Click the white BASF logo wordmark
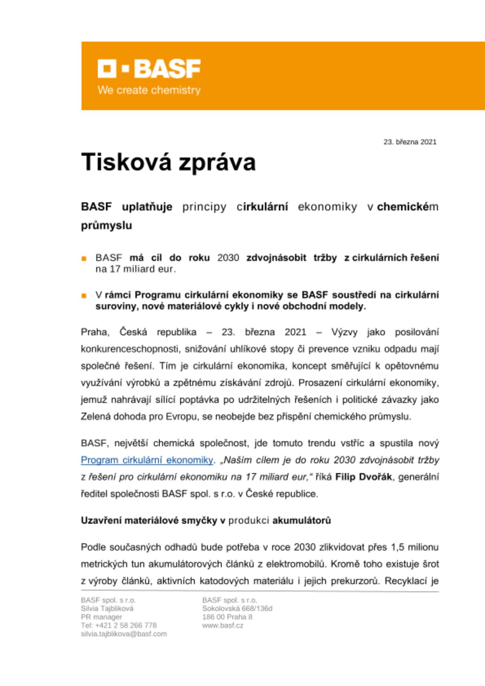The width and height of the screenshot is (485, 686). pos(149,69)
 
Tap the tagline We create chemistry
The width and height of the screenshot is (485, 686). pos(149,90)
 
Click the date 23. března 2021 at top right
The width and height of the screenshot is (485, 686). pos(410,142)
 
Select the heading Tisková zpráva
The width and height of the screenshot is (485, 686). pos(168,162)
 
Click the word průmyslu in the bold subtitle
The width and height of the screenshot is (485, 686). pos(106,226)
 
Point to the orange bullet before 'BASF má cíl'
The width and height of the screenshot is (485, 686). pos(84,259)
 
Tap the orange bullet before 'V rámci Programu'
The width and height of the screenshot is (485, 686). pos(84,296)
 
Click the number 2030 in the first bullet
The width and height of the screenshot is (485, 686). pos(228,258)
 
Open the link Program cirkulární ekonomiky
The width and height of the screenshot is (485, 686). pos(147,460)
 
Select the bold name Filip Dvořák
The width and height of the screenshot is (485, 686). pos(364,477)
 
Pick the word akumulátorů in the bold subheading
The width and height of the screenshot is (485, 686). pos(301,521)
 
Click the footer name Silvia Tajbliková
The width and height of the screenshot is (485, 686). pos(107,608)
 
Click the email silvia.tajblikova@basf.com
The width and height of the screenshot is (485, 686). pos(124,634)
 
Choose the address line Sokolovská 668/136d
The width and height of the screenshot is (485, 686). pos(237,608)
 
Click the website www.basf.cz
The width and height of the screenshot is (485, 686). pos(223,625)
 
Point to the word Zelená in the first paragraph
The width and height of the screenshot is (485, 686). pos(96,417)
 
